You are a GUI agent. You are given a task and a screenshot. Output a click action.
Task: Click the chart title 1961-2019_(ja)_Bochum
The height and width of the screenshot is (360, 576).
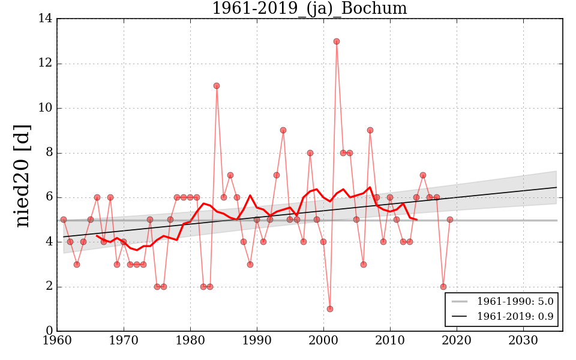tap(309, 9)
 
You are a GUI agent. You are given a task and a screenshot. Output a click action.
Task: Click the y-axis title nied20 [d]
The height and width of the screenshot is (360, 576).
tap(22, 175)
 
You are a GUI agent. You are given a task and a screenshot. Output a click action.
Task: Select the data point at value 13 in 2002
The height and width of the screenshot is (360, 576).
tap(337, 41)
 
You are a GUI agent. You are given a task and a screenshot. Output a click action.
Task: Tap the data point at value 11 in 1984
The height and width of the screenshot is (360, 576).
tap(217, 86)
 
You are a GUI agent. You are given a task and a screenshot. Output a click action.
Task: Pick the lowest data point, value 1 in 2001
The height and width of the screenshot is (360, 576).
tap(330, 309)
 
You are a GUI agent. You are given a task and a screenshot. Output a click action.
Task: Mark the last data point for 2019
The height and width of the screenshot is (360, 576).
tap(450, 220)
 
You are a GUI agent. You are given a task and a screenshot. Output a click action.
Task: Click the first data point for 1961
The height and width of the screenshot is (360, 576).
tap(64, 220)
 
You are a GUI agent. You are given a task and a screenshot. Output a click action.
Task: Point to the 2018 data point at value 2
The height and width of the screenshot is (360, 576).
tap(443, 287)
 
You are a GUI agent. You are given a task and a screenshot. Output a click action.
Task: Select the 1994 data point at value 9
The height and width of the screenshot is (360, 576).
tap(283, 130)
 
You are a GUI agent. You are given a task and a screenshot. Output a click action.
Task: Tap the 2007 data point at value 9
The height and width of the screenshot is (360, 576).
tap(370, 130)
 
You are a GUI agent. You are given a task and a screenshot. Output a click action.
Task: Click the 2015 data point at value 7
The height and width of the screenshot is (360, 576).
tap(423, 175)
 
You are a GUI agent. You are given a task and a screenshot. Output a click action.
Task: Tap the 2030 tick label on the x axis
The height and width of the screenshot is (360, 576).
tap(523, 341)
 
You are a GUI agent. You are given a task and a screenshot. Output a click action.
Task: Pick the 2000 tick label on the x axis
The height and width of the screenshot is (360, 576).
tap(323, 341)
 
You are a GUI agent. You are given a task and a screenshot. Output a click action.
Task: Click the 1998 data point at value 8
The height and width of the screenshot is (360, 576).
tap(310, 153)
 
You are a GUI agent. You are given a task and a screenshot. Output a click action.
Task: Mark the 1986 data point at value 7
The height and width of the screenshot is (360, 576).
tap(230, 175)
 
